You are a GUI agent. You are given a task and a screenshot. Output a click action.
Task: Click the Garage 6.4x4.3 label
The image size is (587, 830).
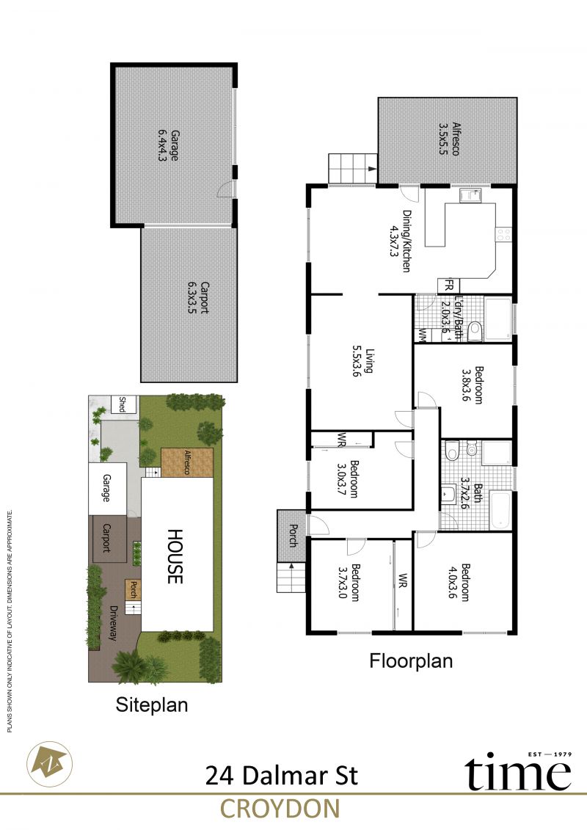coord(168,145)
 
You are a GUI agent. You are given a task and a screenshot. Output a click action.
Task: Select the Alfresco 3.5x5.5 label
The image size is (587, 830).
coord(449,139)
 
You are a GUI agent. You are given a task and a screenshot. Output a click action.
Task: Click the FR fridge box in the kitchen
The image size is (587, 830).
coord(448,286)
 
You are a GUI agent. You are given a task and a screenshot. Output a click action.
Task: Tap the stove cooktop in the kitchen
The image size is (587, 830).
coord(503,233)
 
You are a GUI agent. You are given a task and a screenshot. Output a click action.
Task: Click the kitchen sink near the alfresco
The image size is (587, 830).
coord(470,195)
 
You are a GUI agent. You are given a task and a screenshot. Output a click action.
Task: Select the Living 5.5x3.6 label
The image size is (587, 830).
coord(363,360)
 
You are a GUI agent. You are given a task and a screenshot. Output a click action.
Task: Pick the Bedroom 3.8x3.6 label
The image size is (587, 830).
coord(472,385)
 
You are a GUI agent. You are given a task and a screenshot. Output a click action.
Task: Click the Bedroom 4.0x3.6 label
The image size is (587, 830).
coord(459,582)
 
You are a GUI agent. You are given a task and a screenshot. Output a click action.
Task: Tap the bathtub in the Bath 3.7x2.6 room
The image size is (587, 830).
coord(500,510)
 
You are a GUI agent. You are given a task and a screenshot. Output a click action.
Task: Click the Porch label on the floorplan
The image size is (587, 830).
coord(293,535)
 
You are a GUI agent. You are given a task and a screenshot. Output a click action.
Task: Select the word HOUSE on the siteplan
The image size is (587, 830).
coord(175,556)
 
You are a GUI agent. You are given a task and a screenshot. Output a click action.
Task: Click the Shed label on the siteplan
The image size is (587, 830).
coord(123,404)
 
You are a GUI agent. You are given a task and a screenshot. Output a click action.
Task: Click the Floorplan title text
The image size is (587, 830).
coord(411,661)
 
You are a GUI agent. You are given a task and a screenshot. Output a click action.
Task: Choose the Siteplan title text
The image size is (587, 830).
coord(152,705)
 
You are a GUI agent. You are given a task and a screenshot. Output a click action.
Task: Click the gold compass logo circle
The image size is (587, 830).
coord(50,764)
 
